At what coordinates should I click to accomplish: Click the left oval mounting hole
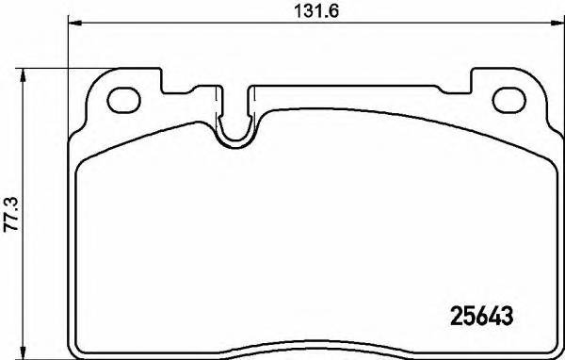point(123,97)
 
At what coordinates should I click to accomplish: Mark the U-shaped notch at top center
point(236,126)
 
